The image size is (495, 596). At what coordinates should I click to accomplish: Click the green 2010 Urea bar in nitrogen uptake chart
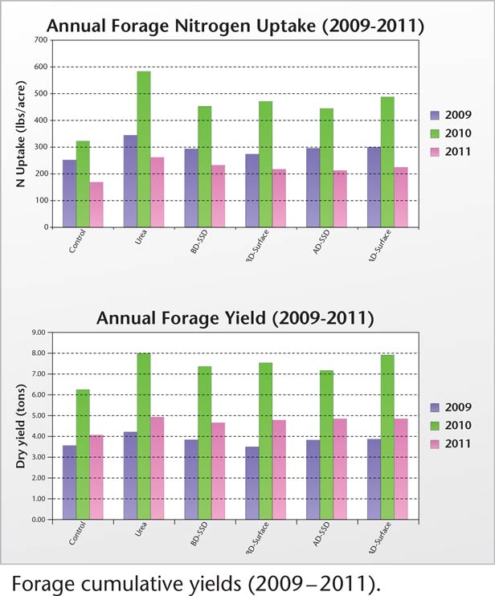pos(144,149)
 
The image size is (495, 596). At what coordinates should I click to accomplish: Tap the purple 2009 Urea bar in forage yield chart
pos(130,476)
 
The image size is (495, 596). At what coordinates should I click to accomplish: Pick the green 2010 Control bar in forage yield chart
pos(83,455)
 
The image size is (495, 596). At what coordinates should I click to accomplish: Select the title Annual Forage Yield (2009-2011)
pos(235,318)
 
